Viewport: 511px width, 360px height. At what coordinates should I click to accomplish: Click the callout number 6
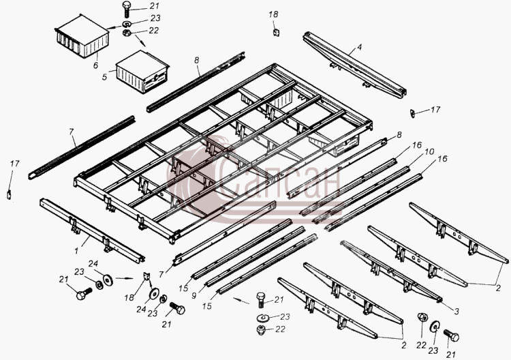point(95,65)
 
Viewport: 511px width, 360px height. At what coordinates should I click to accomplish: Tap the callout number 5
point(104,77)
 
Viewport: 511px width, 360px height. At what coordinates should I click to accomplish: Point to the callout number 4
point(359,48)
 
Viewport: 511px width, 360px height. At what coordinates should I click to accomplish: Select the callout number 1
point(76,251)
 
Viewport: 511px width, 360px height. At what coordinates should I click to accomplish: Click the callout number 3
point(456,312)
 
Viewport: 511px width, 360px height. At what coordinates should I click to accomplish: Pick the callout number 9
point(194,296)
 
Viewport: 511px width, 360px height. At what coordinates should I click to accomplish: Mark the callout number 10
point(429,151)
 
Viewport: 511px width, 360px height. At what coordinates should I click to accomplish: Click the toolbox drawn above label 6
point(82,37)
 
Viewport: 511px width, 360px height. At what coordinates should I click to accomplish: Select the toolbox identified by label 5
point(142,72)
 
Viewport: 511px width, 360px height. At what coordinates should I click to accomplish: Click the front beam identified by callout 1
point(92,231)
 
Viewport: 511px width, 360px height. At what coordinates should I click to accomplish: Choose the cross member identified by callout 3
point(391,271)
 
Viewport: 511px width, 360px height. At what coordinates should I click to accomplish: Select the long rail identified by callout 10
point(362,195)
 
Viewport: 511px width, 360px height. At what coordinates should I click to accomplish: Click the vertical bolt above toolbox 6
point(127,10)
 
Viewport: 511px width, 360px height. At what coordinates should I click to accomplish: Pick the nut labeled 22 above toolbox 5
point(127,33)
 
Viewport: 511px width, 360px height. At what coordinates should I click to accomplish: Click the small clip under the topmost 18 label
point(276,32)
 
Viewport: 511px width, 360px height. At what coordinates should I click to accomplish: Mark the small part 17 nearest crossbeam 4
point(413,113)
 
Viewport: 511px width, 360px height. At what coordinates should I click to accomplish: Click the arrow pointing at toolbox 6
point(112,28)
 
